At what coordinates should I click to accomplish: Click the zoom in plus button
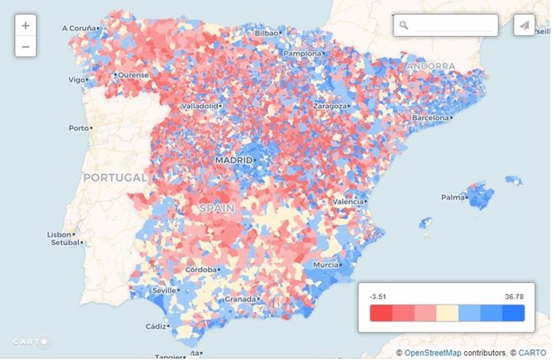tap(25, 25)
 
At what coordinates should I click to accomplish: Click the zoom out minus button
tap(25, 46)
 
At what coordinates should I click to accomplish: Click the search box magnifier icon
tap(404, 25)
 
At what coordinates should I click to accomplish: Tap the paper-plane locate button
tap(524, 25)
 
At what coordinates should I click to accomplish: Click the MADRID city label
tap(233, 160)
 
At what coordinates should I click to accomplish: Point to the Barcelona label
tap(430, 118)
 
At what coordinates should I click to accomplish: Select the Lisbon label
tap(59, 234)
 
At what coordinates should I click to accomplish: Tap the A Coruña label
tap(79, 28)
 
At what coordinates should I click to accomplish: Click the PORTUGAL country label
tap(115, 178)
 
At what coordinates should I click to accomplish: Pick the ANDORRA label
tap(431, 66)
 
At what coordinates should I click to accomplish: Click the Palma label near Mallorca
tap(452, 197)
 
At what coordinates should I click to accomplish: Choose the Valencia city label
tap(348, 202)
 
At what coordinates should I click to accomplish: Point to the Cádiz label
tap(155, 326)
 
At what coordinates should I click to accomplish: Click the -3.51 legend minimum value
tap(378, 297)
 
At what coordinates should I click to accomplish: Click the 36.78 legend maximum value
tap(514, 297)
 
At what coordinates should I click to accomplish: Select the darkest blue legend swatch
tap(513, 313)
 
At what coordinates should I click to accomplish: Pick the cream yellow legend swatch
tap(447, 313)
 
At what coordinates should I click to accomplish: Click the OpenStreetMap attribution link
tap(432, 353)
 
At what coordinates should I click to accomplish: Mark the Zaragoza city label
tap(330, 106)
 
